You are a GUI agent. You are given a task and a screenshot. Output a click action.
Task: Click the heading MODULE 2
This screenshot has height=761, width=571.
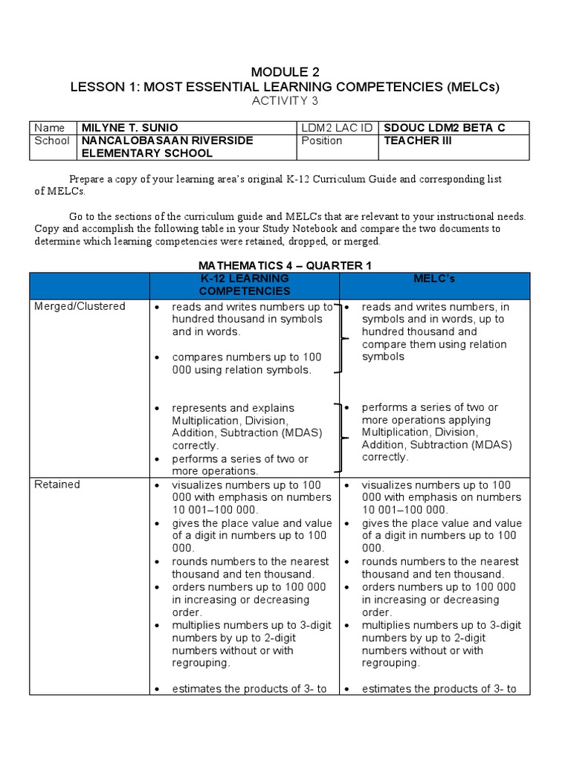285,72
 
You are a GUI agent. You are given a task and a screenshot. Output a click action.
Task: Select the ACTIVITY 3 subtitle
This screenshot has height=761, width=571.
285,101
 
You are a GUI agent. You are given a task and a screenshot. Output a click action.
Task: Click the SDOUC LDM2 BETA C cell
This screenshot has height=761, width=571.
443,128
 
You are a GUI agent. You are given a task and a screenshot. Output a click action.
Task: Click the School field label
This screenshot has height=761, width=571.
51,140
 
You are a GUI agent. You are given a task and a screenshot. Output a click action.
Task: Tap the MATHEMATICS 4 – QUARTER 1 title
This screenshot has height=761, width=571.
285,265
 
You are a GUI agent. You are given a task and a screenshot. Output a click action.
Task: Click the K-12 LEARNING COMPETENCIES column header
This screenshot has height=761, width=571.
245,285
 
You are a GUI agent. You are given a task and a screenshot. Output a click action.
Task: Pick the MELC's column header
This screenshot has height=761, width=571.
435,279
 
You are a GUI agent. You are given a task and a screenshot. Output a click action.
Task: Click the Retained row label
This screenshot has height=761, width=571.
57,485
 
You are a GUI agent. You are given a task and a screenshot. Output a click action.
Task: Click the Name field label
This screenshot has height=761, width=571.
50,128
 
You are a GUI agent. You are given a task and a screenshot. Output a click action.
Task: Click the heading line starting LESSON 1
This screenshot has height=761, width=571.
285,87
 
